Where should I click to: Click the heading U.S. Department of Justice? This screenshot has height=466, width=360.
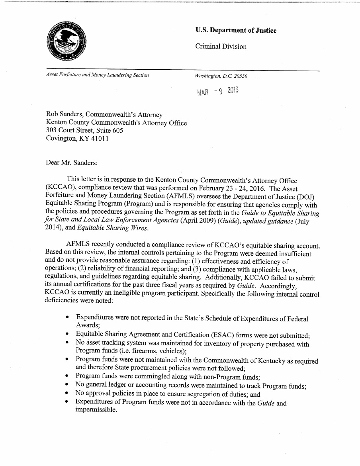pos(236,31)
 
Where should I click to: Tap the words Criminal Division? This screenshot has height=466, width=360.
pos(221,47)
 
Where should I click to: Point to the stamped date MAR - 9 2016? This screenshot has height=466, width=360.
pos(217,92)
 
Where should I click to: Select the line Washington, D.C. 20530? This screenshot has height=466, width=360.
pos(221,75)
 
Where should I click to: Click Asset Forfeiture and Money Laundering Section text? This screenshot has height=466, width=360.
pos(98,75)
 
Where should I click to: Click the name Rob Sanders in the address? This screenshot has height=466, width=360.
pos(66,115)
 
